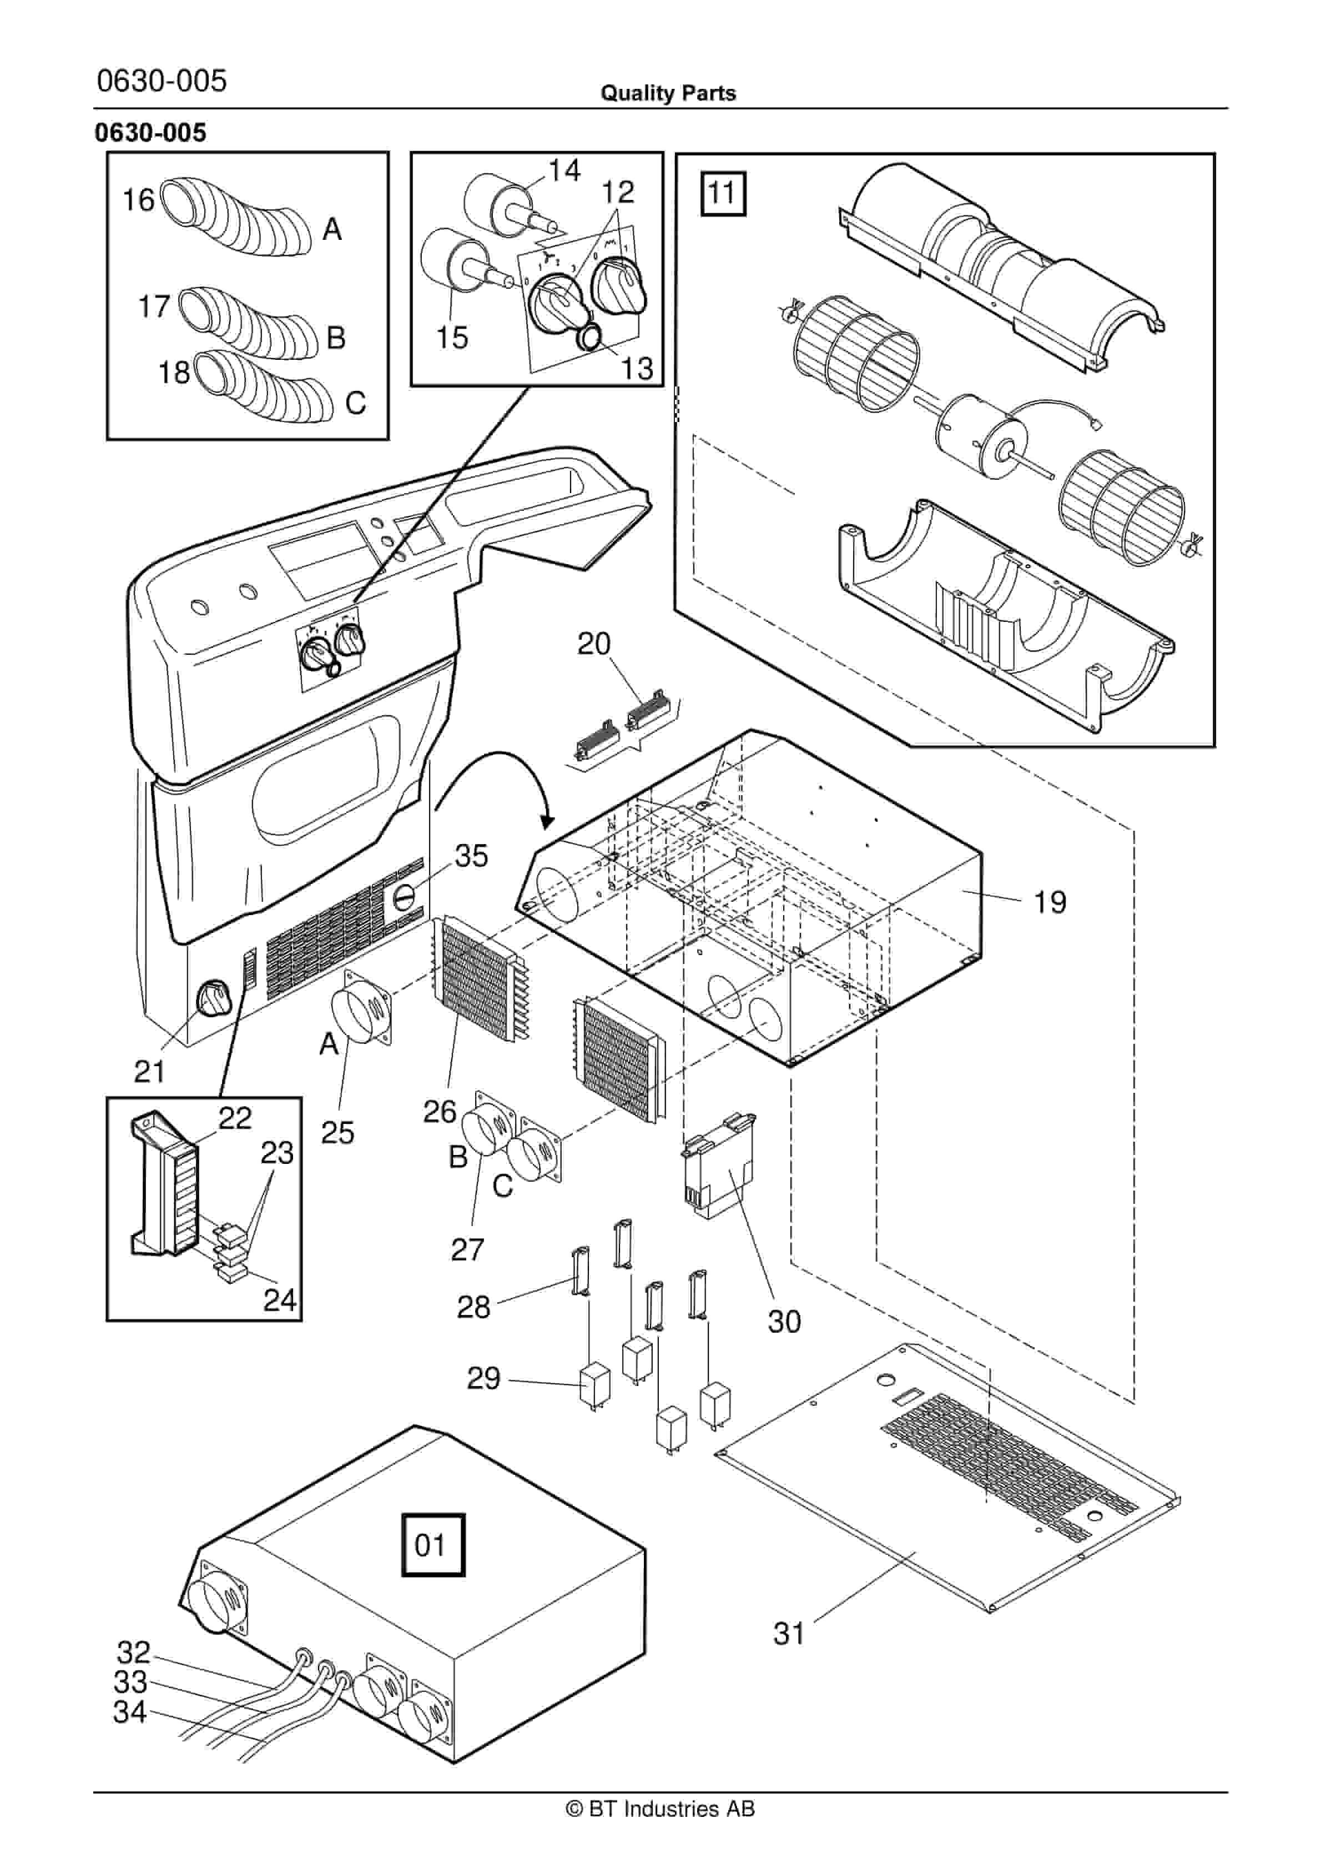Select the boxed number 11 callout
(722, 194)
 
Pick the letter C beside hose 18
(355, 404)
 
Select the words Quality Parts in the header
(668, 93)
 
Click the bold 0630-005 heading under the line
(150, 133)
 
